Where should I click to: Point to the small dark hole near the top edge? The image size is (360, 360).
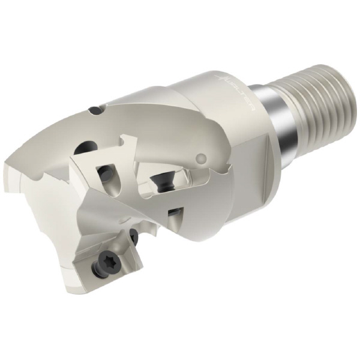click(x=95, y=110)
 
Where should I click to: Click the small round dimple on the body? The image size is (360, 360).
click(x=202, y=158)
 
